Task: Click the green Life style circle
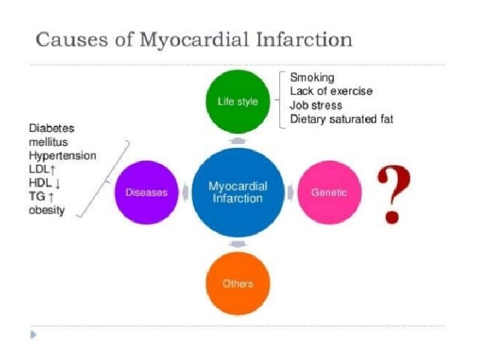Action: click(x=238, y=102)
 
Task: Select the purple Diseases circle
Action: click(x=146, y=193)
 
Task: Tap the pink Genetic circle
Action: click(x=329, y=193)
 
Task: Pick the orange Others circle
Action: click(x=238, y=283)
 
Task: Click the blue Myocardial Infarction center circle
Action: click(x=238, y=193)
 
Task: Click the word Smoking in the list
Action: click(x=311, y=78)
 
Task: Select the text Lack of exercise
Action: click(x=331, y=91)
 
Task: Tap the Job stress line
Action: click(x=316, y=105)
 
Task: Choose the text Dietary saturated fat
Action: click(x=341, y=119)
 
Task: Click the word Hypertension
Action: click(x=63, y=155)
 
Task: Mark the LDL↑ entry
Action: click(x=42, y=169)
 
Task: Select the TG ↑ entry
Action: click(x=41, y=197)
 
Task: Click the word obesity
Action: click(x=47, y=211)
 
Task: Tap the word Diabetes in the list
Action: click(x=51, y=128)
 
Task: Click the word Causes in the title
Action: click(x=68, y=39)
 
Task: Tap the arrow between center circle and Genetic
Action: click(x=290, y=193)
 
